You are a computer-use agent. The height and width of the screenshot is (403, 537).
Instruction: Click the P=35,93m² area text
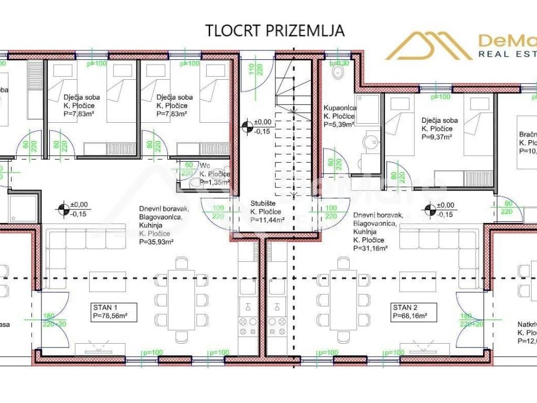point(157,242)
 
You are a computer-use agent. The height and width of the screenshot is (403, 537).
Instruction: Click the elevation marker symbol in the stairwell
point(246,126)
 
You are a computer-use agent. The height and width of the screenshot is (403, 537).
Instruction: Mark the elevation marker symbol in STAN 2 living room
point(430,209)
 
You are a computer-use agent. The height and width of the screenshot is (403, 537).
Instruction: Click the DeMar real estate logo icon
point(429,46)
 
